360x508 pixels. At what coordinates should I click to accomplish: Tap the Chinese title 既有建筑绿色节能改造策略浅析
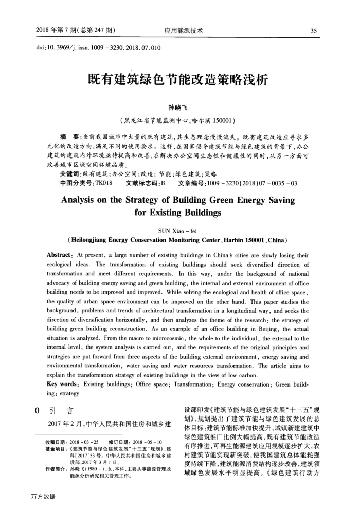179,80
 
